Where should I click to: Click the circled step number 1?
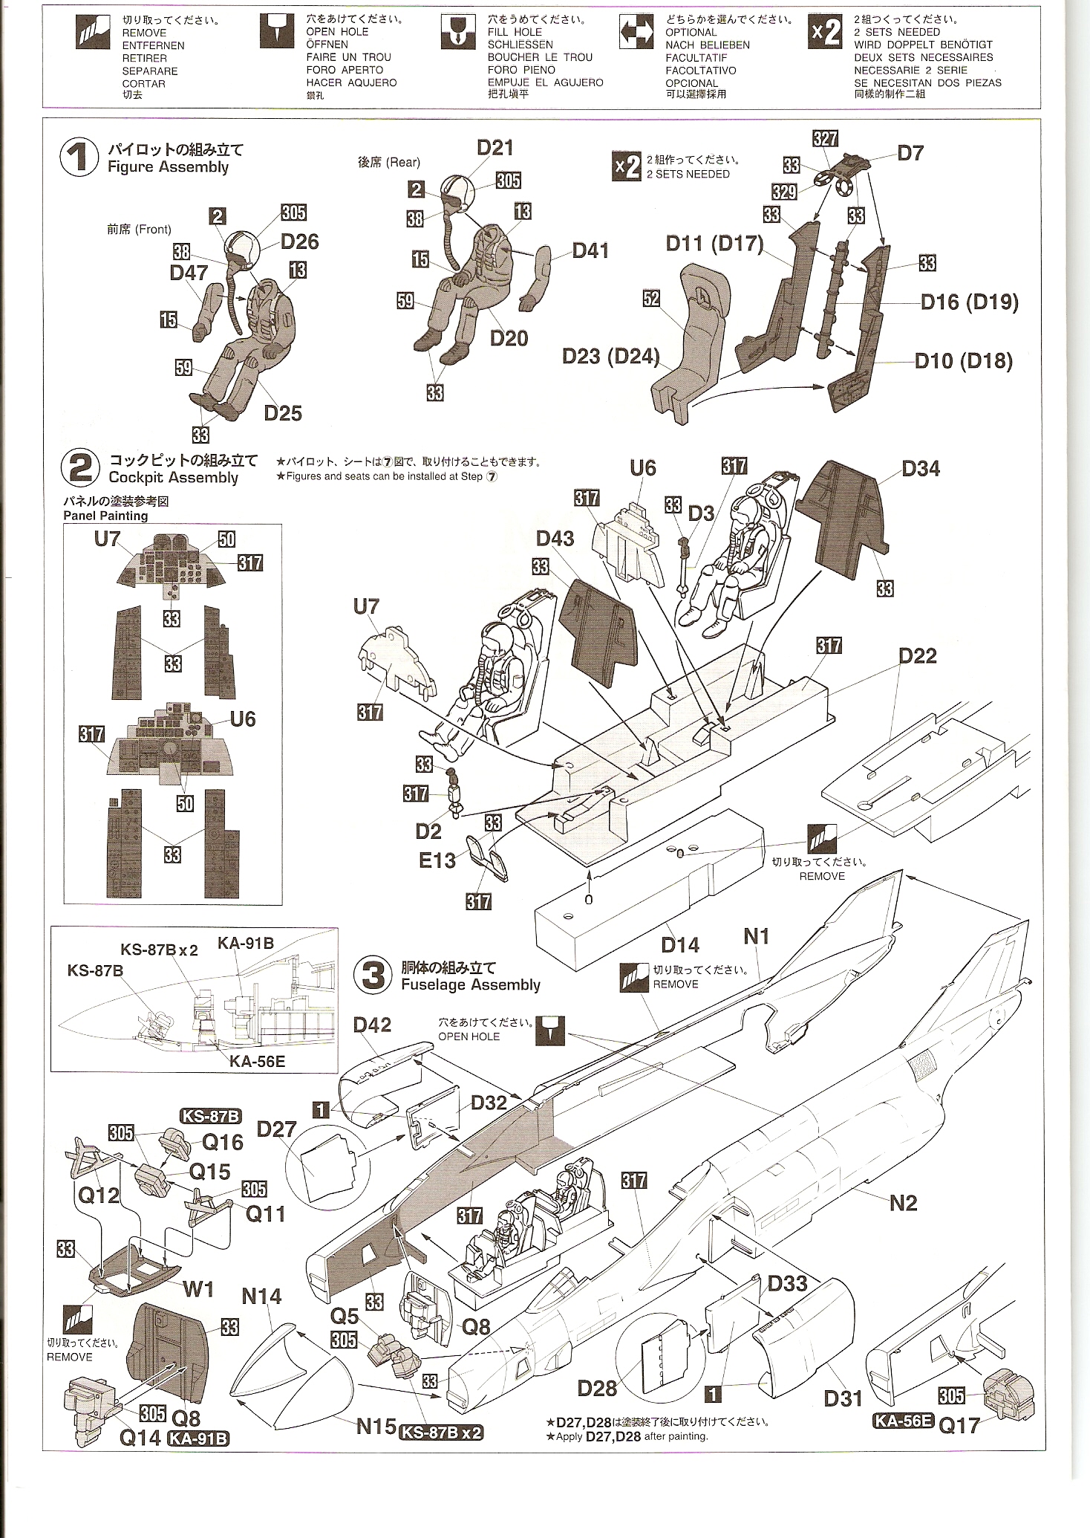(x=79, y=158)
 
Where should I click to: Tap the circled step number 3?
(x=373, y=976)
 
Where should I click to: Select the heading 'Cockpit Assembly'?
(x=173, y=478)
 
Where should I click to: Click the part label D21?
(x=495, y=148)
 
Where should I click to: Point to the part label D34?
(x=920, y=469)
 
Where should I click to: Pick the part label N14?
(x=261, y=1297)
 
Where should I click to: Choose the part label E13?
(x=437, y=860)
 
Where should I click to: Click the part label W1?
(x=198, y=1289)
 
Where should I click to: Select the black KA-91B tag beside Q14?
(x=198, y=1438)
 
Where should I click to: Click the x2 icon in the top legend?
(x=825, y=32)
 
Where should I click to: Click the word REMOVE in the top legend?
(x=144, y=33)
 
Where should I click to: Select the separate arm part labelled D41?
(x=535, y=276)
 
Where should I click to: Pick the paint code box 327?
(x=825, y=138)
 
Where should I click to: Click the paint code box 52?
(x=651, y=298)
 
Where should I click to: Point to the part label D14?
(x=679, y=945)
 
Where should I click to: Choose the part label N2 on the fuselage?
(x=903, y=1203)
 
